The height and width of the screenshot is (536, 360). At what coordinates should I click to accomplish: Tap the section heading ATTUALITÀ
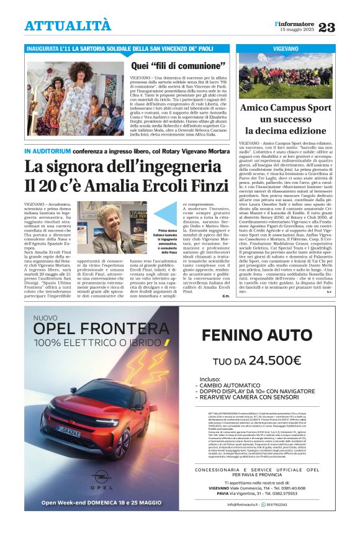[68, 25]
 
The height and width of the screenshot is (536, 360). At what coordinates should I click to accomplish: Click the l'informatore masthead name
[295, 23]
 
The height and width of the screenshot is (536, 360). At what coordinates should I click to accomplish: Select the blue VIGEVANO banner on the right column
[286, 48]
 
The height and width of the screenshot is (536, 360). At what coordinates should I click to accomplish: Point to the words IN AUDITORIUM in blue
[48, 151]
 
